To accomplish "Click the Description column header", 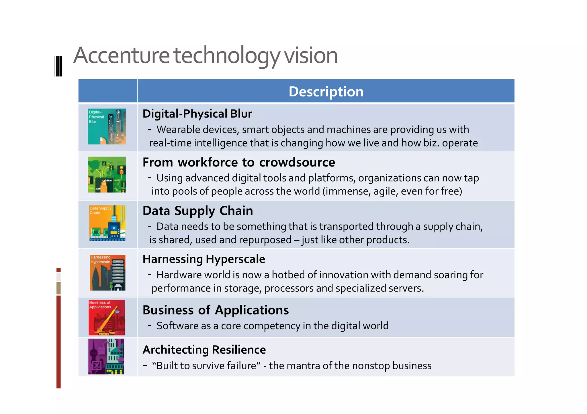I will click(x=326, y=92).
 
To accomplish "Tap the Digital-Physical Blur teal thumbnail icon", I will click(x=107, y=126).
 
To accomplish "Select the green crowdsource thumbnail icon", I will click(x=107, y=175).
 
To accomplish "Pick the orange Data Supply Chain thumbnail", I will click(x=107, y=223).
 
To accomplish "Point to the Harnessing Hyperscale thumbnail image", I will click(x=107, y=273).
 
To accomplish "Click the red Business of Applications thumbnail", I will click(x=107, y=318).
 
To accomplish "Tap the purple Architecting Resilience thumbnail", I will click(x=106, y=356).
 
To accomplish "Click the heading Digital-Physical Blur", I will click(x=197, y=114).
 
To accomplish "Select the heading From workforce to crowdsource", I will click(x=239, y=162).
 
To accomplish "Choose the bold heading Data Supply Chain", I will click(x=198, y=211).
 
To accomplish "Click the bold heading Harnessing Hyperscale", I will click(x=204, y=259).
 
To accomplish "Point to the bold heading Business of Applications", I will click(x=216, y=310).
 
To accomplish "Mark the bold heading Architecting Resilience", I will click(x=204, y=350).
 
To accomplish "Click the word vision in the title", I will click(x=311, y=56).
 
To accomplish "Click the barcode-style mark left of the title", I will click(x=58, y=66).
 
